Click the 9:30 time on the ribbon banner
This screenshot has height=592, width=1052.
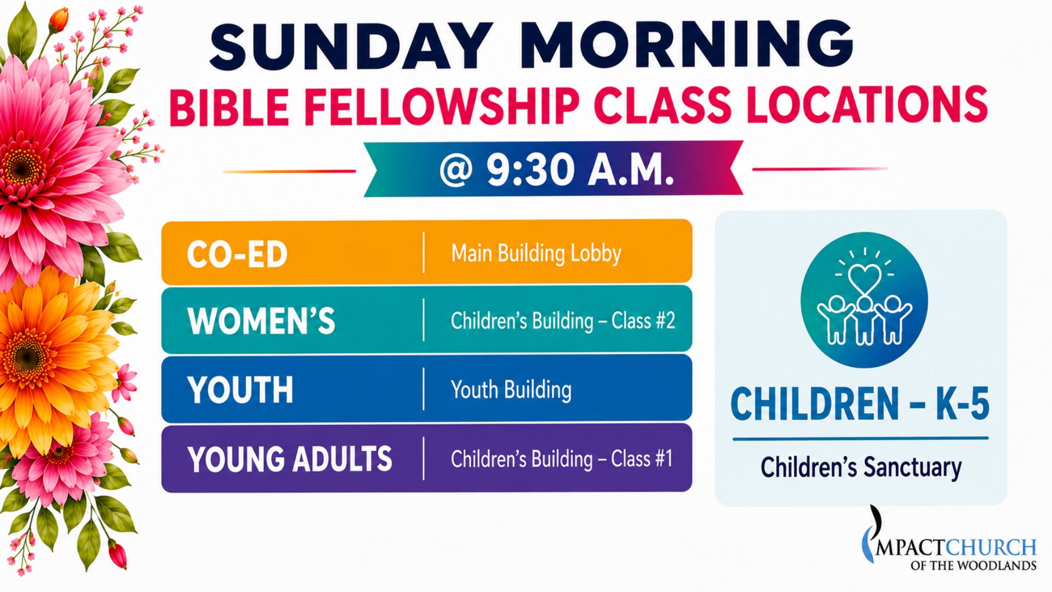[x=530, y=170]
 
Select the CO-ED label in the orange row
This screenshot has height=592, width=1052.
[x=237, y=254]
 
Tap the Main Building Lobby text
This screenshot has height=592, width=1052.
[x=536, y=253]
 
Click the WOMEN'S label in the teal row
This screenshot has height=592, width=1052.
[x=261, y=321]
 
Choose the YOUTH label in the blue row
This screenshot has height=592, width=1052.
[x=240, y=390]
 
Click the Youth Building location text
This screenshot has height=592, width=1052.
[x=511, y=390]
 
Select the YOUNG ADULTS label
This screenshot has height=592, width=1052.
[x=290, y=459]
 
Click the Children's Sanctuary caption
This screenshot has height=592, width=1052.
[x=861, y=468]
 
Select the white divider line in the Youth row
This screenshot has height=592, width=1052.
[x=424, y=389]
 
